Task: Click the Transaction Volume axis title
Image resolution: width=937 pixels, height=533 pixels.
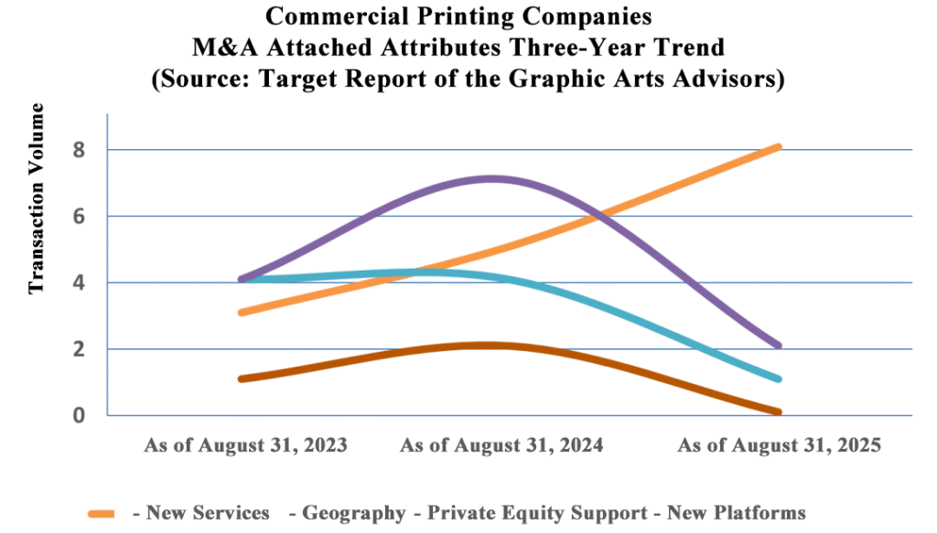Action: [37, 198]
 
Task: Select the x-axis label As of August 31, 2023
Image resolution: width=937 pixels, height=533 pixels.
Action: [246, 446]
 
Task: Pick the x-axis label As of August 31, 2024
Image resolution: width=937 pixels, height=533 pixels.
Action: [502, 446]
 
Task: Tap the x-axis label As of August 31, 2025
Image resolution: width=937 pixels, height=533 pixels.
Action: [778, 446]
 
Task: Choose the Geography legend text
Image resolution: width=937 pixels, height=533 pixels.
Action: [353, 513]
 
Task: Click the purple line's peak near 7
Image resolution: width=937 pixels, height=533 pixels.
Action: [492, 179]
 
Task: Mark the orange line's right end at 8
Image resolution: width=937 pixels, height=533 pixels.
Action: [777, 146]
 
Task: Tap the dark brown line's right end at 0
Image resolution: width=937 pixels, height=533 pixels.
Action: [777, 412]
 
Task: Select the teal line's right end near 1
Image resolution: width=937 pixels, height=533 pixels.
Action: [777, 378]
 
